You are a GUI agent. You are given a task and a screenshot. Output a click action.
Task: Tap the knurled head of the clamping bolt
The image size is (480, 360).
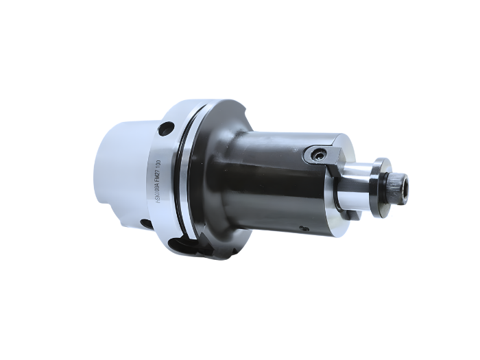tap(396, 184)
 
